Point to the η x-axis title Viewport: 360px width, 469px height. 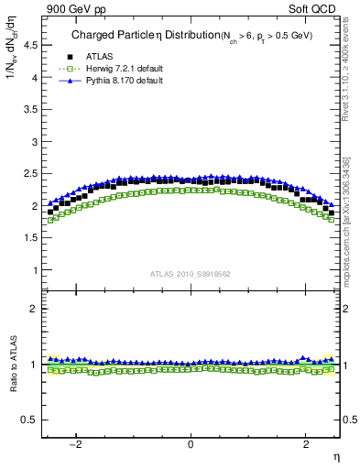pyautogui.click(x=336, y=455)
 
